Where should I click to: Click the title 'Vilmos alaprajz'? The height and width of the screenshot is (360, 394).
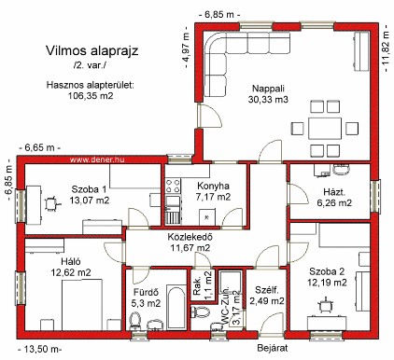pos(92,51)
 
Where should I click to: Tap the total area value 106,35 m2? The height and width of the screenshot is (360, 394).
pos(91,95)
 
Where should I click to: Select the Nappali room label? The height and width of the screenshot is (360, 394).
pos(268,89)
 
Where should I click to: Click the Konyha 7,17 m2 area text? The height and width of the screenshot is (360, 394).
pos(214,197)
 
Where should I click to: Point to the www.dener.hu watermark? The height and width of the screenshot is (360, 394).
pos(97,159)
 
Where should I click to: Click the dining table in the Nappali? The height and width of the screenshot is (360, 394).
pos(325,128)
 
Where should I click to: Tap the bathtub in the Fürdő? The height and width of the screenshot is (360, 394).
pos(176,308)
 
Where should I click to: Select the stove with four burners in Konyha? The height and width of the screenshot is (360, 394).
pos(173,186)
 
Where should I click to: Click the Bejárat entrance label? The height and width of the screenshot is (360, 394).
pos(273,348)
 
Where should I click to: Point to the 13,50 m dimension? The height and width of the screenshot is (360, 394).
pos(39,350)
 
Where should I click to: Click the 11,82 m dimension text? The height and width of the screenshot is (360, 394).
pos(386,48)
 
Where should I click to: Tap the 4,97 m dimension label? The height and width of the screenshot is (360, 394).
pos(186,49)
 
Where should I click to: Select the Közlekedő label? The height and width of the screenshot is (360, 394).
pos(190,237)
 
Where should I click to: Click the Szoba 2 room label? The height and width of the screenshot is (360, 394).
pos(327,271)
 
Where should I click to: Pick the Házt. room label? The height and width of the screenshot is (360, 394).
pos(334,192)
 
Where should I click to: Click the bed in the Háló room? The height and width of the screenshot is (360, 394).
pos(82,304)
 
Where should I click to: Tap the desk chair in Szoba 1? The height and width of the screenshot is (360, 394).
pos(50,203)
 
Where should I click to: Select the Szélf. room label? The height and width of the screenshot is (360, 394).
pos(266,290)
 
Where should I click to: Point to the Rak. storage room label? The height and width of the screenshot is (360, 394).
pos(197,286)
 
